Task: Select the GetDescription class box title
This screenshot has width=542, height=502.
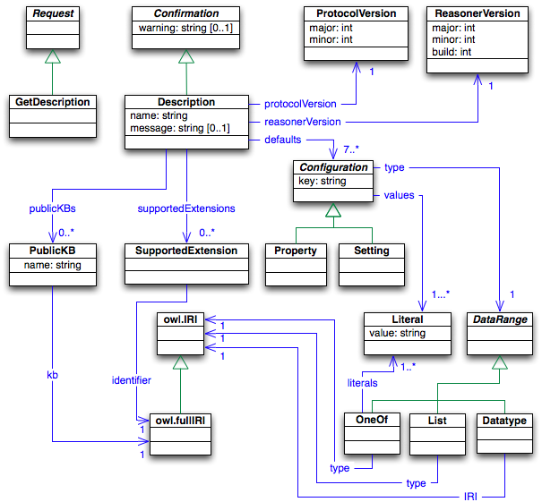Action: pyautogui.click(x=53, y=102)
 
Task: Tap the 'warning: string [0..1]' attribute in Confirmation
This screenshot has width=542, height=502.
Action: pyautogui.click(x=185, y=29)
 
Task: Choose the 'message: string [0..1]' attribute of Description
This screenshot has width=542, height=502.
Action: pyautogui.click(x=179, y=128)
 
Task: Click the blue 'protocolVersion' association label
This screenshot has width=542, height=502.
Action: pyautogui.click(x=300, y=104)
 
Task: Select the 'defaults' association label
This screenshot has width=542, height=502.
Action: pyautogui.click(x=284, y=140)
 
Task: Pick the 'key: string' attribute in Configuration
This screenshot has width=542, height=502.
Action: pyautogui.click(x=323, y=181)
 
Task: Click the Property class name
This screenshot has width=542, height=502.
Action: pyautogui.click(x=297, y=251)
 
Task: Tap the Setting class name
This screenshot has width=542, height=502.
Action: pyautogui.click(x=371, y=251)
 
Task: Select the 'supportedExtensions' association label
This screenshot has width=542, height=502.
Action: pyautogui.click(x=186, y=208)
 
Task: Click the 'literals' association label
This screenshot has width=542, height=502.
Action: pyautogui.click(x=362, y=382)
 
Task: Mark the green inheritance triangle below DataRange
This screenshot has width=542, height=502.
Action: pyautogui.click(x=500, y=362)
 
